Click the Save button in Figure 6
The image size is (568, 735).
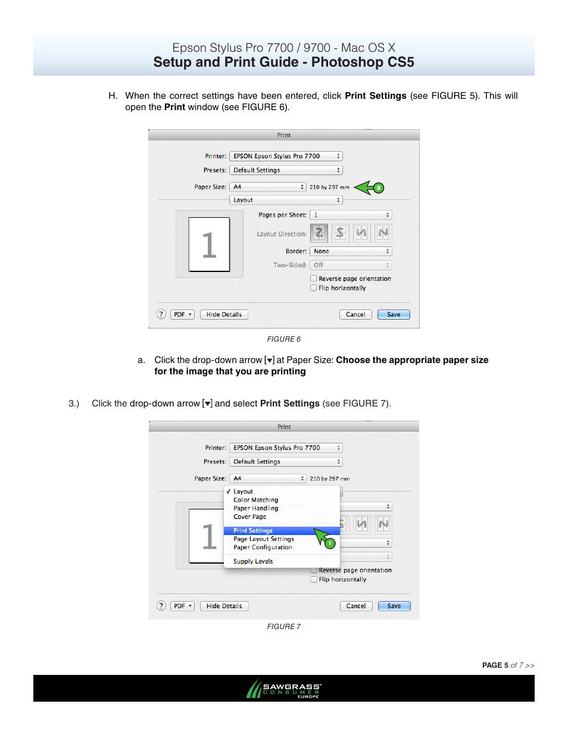pyautogui.click(x=394, y=314)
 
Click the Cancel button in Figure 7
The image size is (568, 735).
pyautogui.click(x=356, y=606)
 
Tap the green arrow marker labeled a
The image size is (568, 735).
pyautogui.click(x=369, y=187)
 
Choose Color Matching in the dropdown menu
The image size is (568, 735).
pyautogui.click(x=256, y=500)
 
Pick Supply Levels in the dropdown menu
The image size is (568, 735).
pyautogui.click(x=253, y=561)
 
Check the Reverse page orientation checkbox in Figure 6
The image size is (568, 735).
pyautogui.click(x=314, y=279)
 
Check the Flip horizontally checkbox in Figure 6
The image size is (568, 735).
pyautogui.click(x=314, y=288)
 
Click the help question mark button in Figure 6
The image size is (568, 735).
pyautogui.click(x=161, y=314)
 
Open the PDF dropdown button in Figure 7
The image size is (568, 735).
pyautogui.click(x=182, y=606)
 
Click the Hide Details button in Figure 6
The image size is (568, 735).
pyautogui.click(x=224, y=314)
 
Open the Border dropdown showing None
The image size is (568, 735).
pyautogui.click(x=351, y=251)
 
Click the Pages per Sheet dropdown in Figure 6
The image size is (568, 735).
pyautogui.click(x=351, y=215)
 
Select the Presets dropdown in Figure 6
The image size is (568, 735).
pyautogui.click(x=286, y=170)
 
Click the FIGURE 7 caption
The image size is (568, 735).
pyautogui.click(x=283, y=627)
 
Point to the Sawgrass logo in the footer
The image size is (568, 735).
pyautogui.click(x=284, y=689)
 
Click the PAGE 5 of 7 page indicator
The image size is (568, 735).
pyautogui.click(x=508, y=665)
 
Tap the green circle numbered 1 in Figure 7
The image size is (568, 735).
pyautogui.click(x=330, y=543)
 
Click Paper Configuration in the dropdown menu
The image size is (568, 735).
pyautogui.click(x=263, y=548)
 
